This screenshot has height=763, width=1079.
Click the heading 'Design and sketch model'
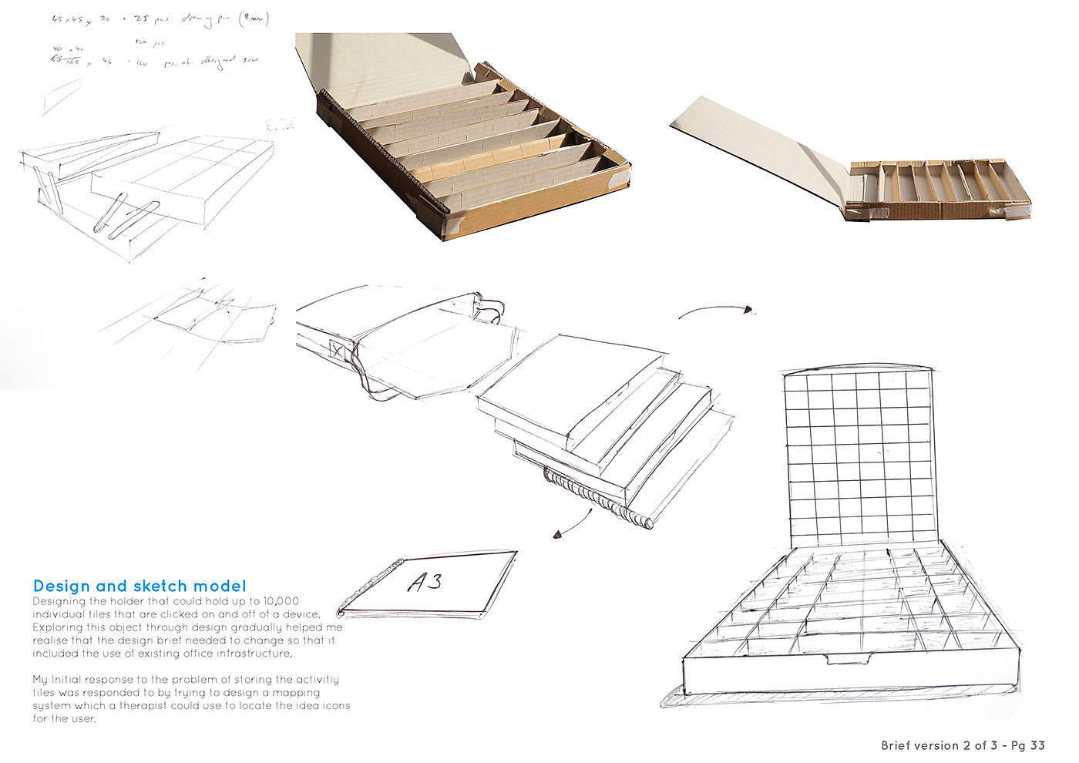click(x=139, y=587)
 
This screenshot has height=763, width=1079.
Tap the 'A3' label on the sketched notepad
click(x=425, y=582)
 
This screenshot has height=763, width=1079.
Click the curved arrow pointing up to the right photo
click(x=714, y=310)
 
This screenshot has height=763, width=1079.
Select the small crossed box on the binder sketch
click(x=337, y=350)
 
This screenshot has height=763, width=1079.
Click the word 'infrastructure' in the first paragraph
click(x=255, y=654)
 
